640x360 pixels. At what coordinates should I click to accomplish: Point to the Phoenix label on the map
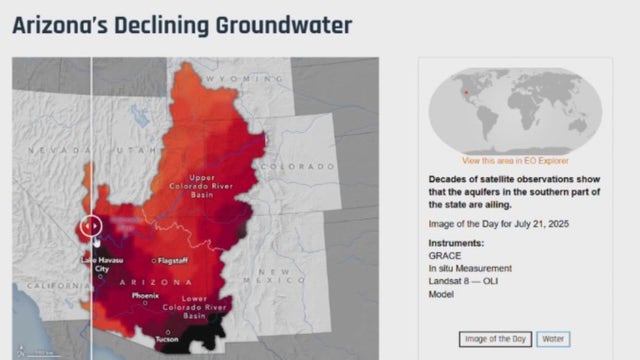click(x=145, y=296)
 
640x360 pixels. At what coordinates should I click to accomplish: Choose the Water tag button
click(x=553, y=338)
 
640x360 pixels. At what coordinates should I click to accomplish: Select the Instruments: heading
click(x=456, y=242)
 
